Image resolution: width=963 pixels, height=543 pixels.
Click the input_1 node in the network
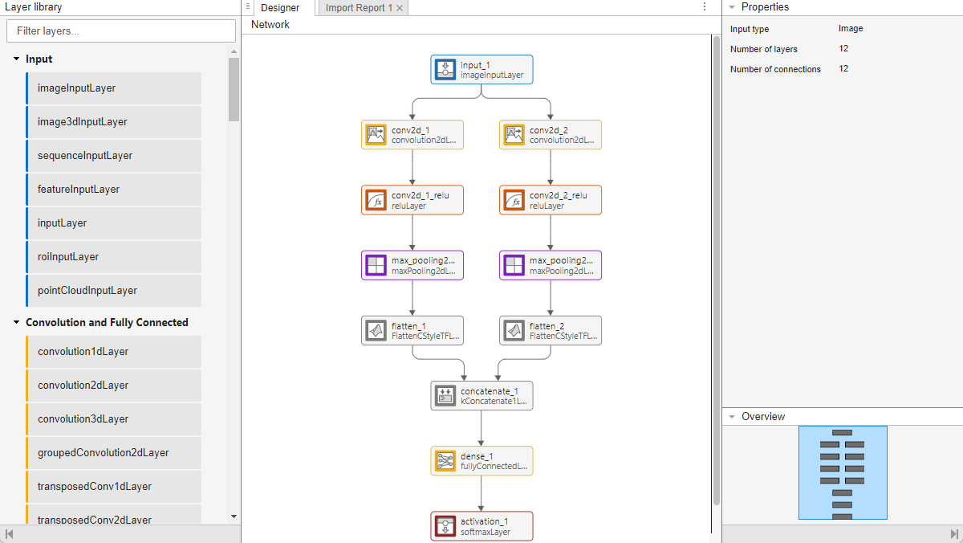pyautogui.click(x=481, y=70)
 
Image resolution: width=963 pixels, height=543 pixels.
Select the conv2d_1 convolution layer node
pyautogui.click(x=412, y=135)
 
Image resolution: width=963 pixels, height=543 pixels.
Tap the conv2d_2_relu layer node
pyautogui.click(x=551, y=200)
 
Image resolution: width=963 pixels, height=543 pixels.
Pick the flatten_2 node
pyautogui.click(x=551, y=330)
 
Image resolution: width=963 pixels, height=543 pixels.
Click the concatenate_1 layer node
pyautogui.click(x=481, y=396)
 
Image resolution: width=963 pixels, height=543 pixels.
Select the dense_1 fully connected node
pyautogui.click(x=481, y=461)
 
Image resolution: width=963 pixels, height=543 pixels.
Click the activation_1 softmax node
pyautogui.click(x=481, y=526)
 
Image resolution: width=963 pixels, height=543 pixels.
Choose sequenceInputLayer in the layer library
pyautogui.click(x=113, y=156)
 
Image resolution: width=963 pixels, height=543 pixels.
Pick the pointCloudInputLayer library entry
pyautogui.click(x=113, y=291)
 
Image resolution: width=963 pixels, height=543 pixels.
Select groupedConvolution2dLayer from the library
pyautogui.click(x=113, y=453)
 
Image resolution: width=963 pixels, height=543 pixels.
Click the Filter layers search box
pyautogui.click(x=120, y=31)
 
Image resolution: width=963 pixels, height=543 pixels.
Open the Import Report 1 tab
pyautogui.click(x=359, y=8)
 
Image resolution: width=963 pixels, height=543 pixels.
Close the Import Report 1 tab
pyautogui.click(x=400, y=8)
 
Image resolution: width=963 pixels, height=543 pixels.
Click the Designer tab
pyautogui.click(x=280, y=8)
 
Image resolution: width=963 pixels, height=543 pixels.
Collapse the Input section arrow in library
pyautogui.click(x=16, y=59)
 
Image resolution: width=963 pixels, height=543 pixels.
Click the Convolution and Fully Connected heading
pyautogui.click(x=107, y=323)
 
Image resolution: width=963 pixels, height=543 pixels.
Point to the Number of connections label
pyautogui.click(x=775, y=70)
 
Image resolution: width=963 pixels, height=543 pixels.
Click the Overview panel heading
pyautogui.click(x=763, y=417)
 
